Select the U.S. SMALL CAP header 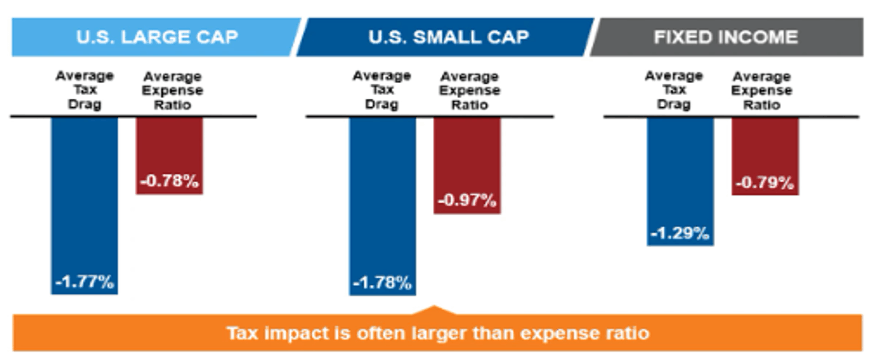coord(445,38)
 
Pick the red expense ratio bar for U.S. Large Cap coord(169,150)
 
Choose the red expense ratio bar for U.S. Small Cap coord(466,160)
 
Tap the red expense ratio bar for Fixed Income coord(765,150)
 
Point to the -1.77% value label coord(84,282)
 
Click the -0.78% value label coord(169,182)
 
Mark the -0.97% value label coord(466,200)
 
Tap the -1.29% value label coord(679,233)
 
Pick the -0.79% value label coord(765,183)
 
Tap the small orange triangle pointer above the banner coord(434,310)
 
